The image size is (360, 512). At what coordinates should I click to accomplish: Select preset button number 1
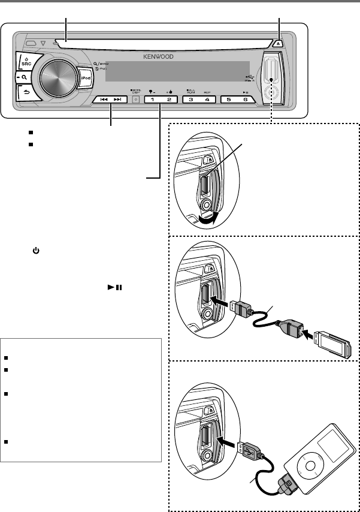pyautogui.click(x=153, y=100)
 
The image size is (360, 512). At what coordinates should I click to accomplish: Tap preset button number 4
pyautogui.click(x=207, y=100)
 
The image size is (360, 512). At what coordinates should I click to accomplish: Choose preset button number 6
pyautogui.click(x=244, y=100)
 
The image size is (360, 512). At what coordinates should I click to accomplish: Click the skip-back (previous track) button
pyautogui.click(x=104, y=100)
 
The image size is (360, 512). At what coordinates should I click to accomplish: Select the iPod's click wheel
pyautogui.click(x=308, y=468)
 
